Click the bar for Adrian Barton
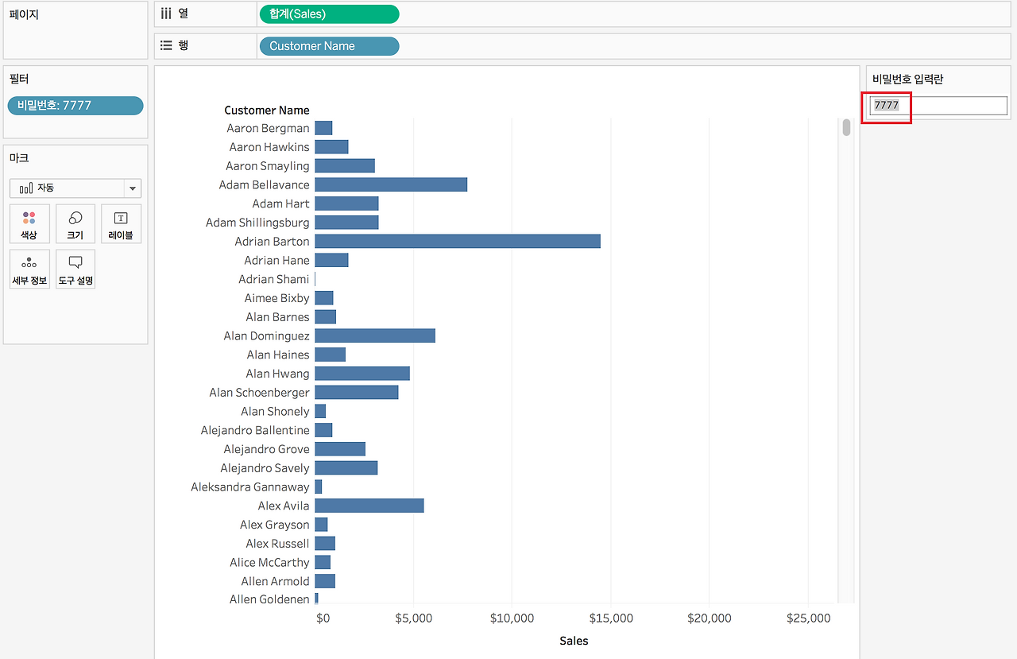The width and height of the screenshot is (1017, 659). [x=457, y=241]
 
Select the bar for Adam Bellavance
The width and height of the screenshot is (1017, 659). [x=390, y=184]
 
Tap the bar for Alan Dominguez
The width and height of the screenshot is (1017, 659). [x=374, y=335]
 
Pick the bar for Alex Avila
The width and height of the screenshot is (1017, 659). [x=369, y=506]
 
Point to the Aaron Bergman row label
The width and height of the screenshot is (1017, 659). [x=268, y=128]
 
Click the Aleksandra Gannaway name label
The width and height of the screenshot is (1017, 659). [x=249, y=486]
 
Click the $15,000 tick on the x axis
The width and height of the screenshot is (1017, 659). [x=611, y=618]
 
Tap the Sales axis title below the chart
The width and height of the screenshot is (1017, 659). [x=574, y=641]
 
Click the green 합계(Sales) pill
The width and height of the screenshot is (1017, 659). [x=329, y=14]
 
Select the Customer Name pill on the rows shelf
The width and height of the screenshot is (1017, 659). [x=329, y=46]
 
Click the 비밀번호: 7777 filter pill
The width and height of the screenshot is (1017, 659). [x=75, y=106]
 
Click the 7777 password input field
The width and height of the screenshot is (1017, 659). [x=938, y=105]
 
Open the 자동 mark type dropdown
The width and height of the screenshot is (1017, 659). [x=75, y=188]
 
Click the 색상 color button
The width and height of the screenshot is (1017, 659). [x=29, y=224]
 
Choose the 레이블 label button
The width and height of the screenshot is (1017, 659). [x=121, y=224]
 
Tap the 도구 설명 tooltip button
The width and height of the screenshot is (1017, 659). [x=75, y=269]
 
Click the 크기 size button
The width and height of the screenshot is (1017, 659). [x=75, y=224]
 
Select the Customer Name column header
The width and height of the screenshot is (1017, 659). [x=267, y=110]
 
